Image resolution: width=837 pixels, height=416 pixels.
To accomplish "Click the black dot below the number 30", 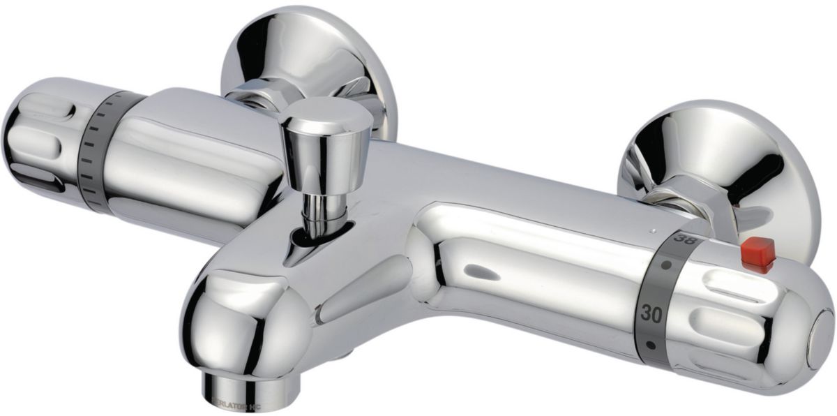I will (x=650, y=344).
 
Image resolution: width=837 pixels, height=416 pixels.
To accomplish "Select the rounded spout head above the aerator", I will (x=241, y=321).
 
